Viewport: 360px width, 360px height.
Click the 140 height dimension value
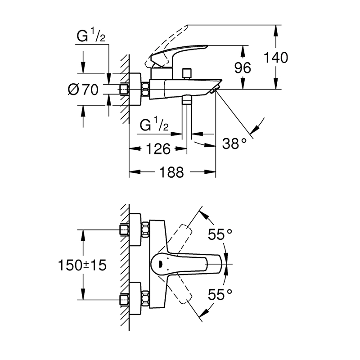tap(275, 57)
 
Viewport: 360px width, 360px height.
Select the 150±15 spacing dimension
tap(82, 265)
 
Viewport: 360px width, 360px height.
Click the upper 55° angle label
tap(220, 234)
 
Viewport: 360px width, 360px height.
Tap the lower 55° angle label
tap(220, 295)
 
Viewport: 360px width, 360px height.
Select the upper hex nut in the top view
tap(145, 229)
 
